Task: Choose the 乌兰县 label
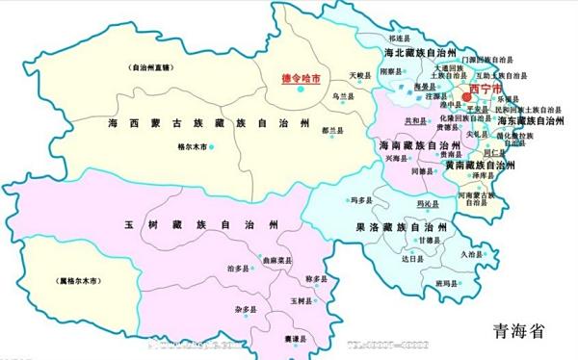click(343, 97)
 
